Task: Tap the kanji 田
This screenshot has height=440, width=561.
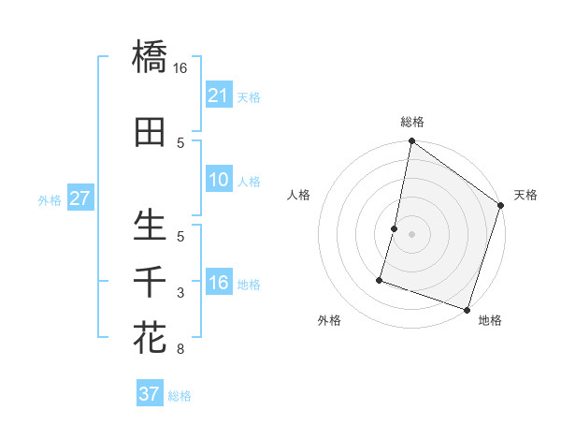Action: pyautogui.click(x=150, y=133)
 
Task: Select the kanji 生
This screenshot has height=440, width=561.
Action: pyautogui.click(x=150, y=226)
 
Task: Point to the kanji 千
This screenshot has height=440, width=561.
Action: pyautogui.click(x=150, y=281)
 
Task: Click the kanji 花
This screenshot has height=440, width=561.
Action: pyautogui.click(x=150, y=336)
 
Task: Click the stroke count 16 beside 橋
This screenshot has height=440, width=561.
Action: pyautogui.click(x=180, y=67)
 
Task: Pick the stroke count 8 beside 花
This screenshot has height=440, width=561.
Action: pyautogui.click(x=180, y=350)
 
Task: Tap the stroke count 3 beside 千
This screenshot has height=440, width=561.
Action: pyautogui.click(x=180, y=293)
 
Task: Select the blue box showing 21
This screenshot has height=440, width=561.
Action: pyautogui.click(x=218, y=95)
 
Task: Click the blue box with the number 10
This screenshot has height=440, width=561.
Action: pyautogui.click(x=218, y=180)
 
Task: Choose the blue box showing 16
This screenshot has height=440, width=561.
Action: pyautogui.click(x=218, y=283)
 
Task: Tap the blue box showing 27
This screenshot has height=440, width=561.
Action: pyautogui.click(x=79, y=198)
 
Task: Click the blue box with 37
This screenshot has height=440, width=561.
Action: pyautogui.click(x=149, y=394)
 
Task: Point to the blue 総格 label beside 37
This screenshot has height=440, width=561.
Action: pyautogui.click(x=180, y=396)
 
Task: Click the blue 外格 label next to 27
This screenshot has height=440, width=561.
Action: pyautogui.click(x=50, y=199)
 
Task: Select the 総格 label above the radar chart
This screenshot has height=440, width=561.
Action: pyautogui.click(x=411, y=122)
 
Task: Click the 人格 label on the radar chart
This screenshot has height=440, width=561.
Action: pyautogui.click(x=299, y=195)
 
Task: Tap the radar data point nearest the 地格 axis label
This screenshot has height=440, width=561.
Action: pyautogui.click(x=467, y=309)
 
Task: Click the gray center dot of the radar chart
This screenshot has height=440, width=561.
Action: pyautogui.click(x=411, y=234)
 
